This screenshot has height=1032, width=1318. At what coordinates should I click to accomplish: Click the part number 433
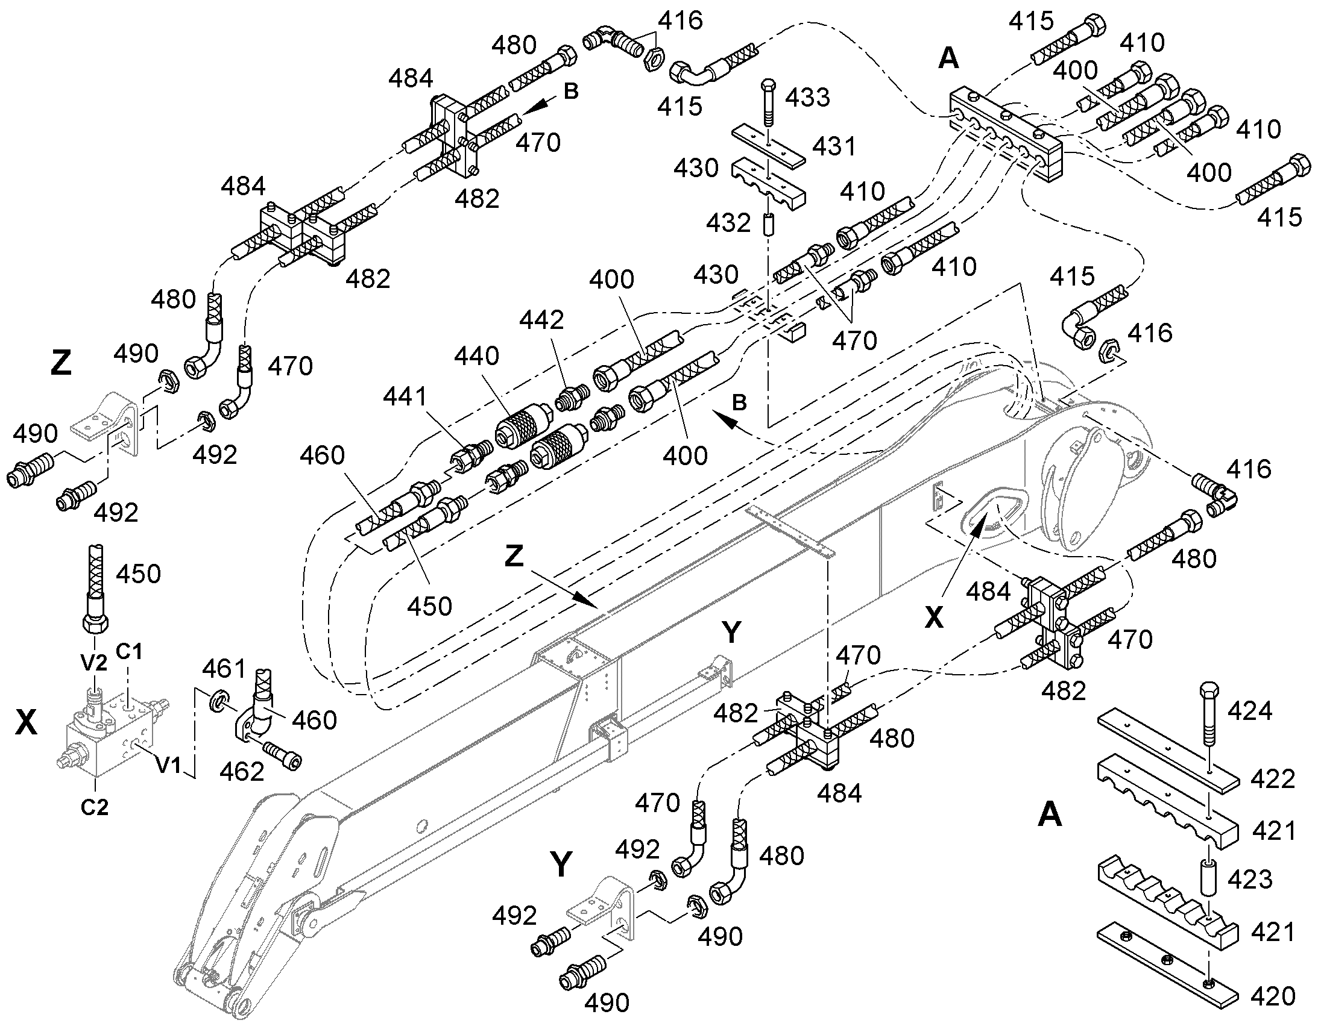pos(807,97)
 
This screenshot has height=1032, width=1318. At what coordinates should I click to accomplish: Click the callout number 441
pos(405,396)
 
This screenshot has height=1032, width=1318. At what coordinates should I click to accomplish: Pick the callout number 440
pos(477,356)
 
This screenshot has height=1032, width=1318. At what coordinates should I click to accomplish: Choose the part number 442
pos(541,320)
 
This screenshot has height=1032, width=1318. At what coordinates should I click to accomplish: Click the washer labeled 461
pos(218,702)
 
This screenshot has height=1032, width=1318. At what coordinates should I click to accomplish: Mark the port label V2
pos(94,663)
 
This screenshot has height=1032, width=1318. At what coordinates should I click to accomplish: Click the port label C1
pos(130,651)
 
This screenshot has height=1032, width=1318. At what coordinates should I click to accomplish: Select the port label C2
pos(94,807)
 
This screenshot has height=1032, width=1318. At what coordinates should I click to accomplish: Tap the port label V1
pos(168,766)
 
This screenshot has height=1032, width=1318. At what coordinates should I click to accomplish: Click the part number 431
pos(834,146)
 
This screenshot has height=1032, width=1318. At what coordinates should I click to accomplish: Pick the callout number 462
pos(242,772)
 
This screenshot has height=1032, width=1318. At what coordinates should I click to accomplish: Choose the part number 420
pos(1273,996)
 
